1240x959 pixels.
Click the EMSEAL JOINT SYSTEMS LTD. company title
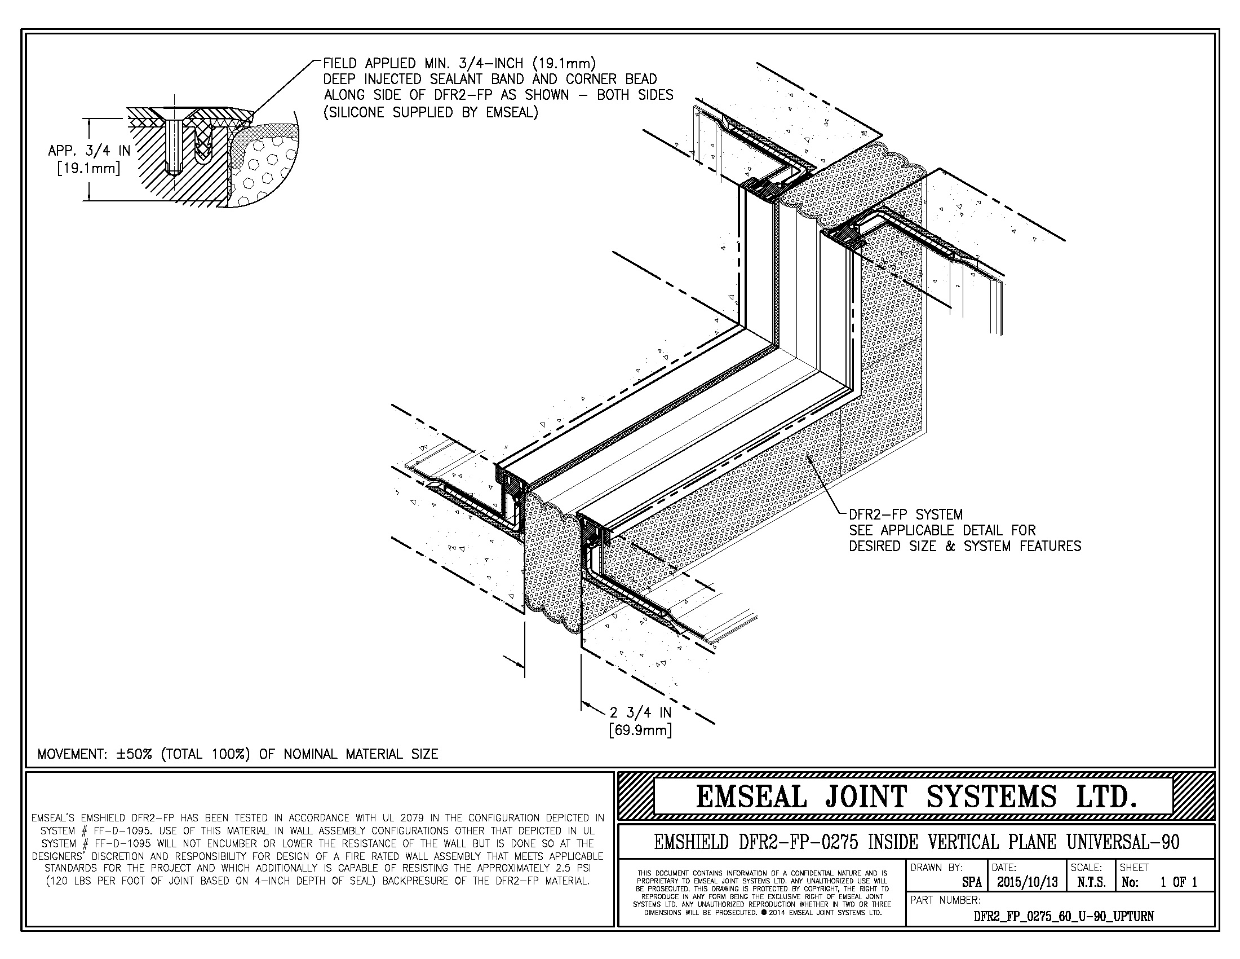[x=916, y=797]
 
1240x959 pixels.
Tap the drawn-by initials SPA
[x=972, y=882]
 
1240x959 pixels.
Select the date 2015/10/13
[x=1026, y=882]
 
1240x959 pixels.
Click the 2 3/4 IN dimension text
[x=640, y=712]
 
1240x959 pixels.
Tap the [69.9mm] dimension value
[x=640, y=729]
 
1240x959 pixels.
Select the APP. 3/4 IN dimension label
[x=90, y=151]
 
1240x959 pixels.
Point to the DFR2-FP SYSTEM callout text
[x=906, y=514]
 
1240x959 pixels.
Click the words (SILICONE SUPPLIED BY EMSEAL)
[x=431, y=112]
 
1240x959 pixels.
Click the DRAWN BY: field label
[x=936, y=868]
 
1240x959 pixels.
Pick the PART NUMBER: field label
[x=945, y=900]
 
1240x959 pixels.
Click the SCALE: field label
[x=1086, y=868]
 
